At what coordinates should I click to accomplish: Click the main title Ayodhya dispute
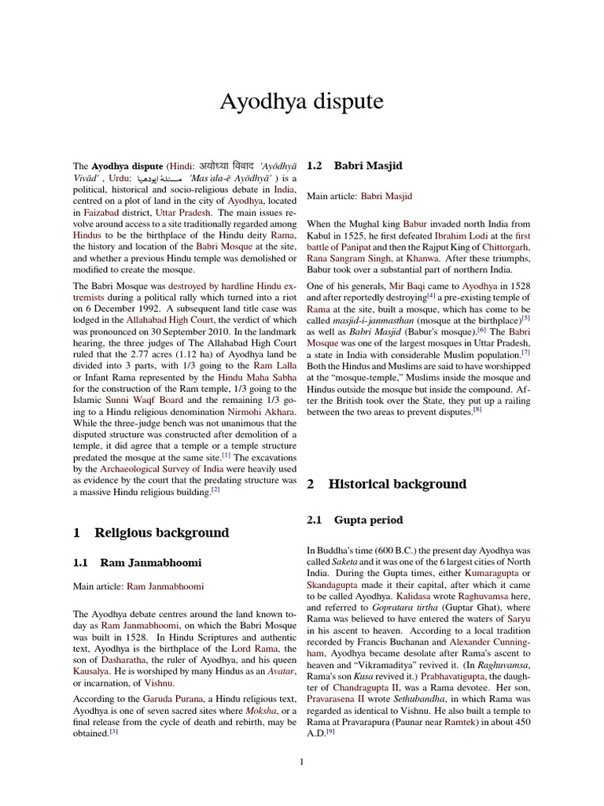coord(301,102)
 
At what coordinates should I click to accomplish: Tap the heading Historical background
coord(397,484)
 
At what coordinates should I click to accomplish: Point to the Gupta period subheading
coord(368,520)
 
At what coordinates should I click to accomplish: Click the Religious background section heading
coord(161,533)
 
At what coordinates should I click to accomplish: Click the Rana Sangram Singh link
coord(341,258)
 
